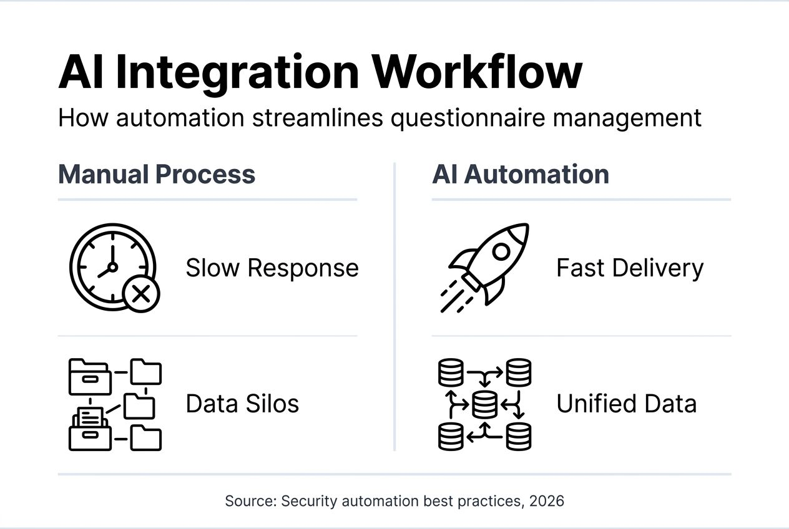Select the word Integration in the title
click(x=237, y=73)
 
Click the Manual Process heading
click(x=157, y=174)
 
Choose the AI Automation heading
click(x=520, y=174)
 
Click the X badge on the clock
click(x=141, y=293)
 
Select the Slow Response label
click(x=272, y=268)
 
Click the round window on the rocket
click(x=501, y=251)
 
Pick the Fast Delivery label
click(x=629, y=268)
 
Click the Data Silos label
click(x=242, y=404)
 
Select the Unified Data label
click(x=626, y=404)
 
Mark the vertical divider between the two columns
click(x=394, y=306)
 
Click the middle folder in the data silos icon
click(x=139, y=406)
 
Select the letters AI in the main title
click(x=81, y=73)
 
